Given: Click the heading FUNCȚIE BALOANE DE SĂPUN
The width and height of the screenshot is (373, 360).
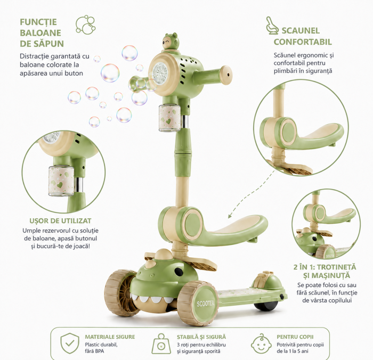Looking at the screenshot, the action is tap(42, 33).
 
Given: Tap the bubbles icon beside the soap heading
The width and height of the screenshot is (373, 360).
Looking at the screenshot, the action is tap(85, 24).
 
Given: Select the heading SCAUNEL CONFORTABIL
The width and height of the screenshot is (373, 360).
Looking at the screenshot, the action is tap(303, 36).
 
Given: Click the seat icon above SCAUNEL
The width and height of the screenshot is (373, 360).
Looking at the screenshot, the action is tap(272, 25).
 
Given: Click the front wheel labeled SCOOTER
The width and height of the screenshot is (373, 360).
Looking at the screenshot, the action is tap(198, 302).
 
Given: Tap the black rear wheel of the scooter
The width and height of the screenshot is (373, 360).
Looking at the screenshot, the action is tap(263, 306).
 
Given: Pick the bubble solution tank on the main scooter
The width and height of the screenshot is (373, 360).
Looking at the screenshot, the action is tap(169, 118).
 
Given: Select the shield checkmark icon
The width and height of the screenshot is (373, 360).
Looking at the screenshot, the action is tap(70, 343).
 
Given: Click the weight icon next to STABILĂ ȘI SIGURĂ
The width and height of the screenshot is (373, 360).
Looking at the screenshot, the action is tap(161, 344).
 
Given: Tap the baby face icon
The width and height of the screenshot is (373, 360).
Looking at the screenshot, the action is tap(261, 343).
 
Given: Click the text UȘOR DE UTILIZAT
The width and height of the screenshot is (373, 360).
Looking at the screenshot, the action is tap(60, 221).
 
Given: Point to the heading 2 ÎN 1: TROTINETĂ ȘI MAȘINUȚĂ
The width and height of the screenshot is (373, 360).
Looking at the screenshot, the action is tap(325, 271).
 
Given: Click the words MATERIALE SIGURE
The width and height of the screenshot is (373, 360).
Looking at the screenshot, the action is tap(110, 337).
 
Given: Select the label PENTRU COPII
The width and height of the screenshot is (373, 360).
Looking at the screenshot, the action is tap(295, 337).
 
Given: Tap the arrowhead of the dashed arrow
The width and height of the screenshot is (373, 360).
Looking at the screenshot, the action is tap(229, 216).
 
